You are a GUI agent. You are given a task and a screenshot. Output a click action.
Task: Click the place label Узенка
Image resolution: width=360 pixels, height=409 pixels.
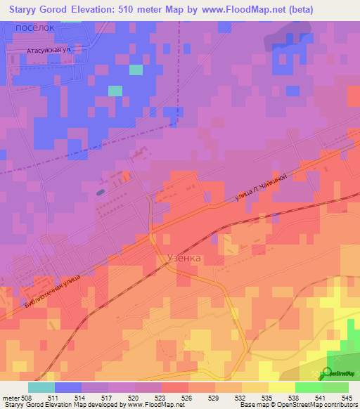pos(184,258)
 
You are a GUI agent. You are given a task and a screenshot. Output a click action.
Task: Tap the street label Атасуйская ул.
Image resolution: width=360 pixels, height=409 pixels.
pos(50,51)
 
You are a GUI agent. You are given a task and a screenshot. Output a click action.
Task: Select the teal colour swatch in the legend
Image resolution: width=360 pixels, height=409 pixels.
pos(41,387)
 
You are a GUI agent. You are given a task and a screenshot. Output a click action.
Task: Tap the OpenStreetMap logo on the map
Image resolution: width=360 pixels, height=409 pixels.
pos(337,374)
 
